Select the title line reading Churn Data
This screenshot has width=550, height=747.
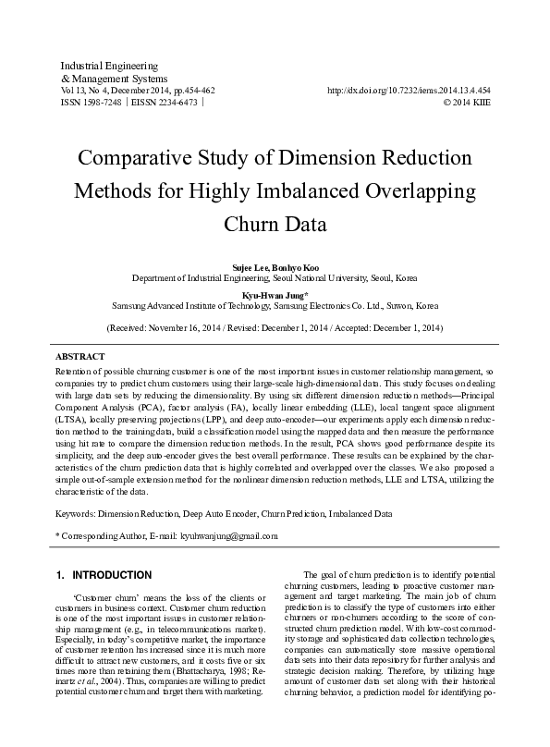pos(275,224)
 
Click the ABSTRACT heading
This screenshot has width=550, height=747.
pos(80,356)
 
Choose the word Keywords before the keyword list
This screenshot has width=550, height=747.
pos(77,511)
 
